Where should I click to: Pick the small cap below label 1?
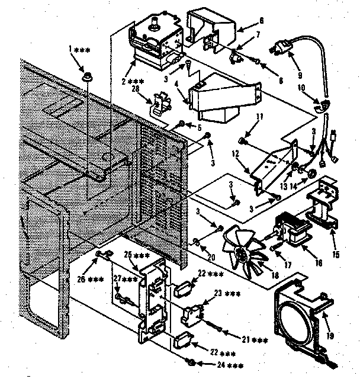pyautogui.click(x=89, y=76)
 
